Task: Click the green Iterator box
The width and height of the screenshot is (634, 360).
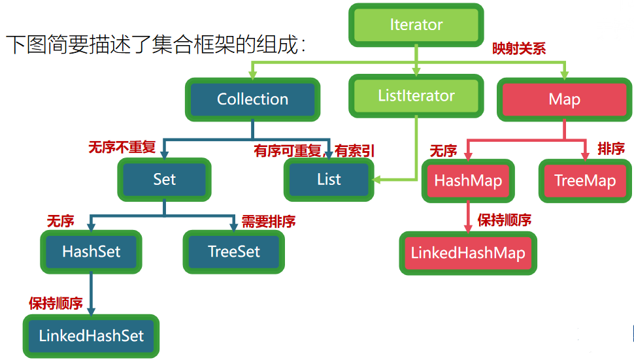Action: click(416, 25)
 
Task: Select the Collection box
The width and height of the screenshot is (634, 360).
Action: click(252, 99)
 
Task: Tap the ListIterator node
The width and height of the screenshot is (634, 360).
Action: click(416, 96)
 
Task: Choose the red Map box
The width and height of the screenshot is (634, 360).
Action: click(564, 100)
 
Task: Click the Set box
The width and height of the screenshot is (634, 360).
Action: click(164, 179)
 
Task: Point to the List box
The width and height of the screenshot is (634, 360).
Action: click(329, 179)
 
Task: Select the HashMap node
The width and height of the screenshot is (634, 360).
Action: click(468, 181)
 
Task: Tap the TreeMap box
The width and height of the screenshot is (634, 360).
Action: click(585, 181)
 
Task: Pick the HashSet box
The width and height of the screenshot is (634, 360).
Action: click(92, 252)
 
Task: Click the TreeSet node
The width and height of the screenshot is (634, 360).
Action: click(234, 252)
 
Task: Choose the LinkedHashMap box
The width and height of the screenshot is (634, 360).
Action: click(468, 253)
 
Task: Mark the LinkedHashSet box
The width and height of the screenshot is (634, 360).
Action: click(92, 336)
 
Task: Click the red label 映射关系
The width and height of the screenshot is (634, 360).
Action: click(519, 48)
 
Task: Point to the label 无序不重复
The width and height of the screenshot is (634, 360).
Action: click(122, 147)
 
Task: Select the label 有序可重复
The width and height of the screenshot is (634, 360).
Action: click(288, 151)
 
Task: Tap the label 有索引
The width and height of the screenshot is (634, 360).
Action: click(355, 151)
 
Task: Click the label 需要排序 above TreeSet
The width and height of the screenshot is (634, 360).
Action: click(269, 221)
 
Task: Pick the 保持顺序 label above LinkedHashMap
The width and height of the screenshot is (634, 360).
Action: click(505, 220)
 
